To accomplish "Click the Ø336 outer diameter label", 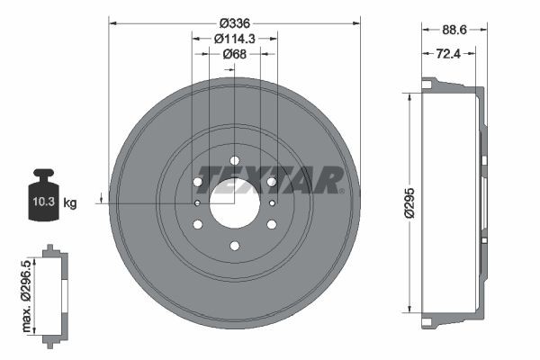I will click(234, 22).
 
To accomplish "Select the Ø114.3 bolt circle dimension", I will click(234, 39).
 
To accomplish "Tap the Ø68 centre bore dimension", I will click(234, 55).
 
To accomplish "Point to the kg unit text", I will click(70, 203).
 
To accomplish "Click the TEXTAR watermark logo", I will click(270, 180).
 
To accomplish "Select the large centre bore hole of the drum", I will click(234, 203).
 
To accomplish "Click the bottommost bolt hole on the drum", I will click(234, 246).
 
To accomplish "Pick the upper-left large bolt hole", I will click(198, 183).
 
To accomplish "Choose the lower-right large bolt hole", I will click(271, 224).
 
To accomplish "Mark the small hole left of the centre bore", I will click(197, 203).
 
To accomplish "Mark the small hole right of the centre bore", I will click(272, 203).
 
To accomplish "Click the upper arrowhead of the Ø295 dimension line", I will click(410, 96).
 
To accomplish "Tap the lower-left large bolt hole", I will click(198, 224).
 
